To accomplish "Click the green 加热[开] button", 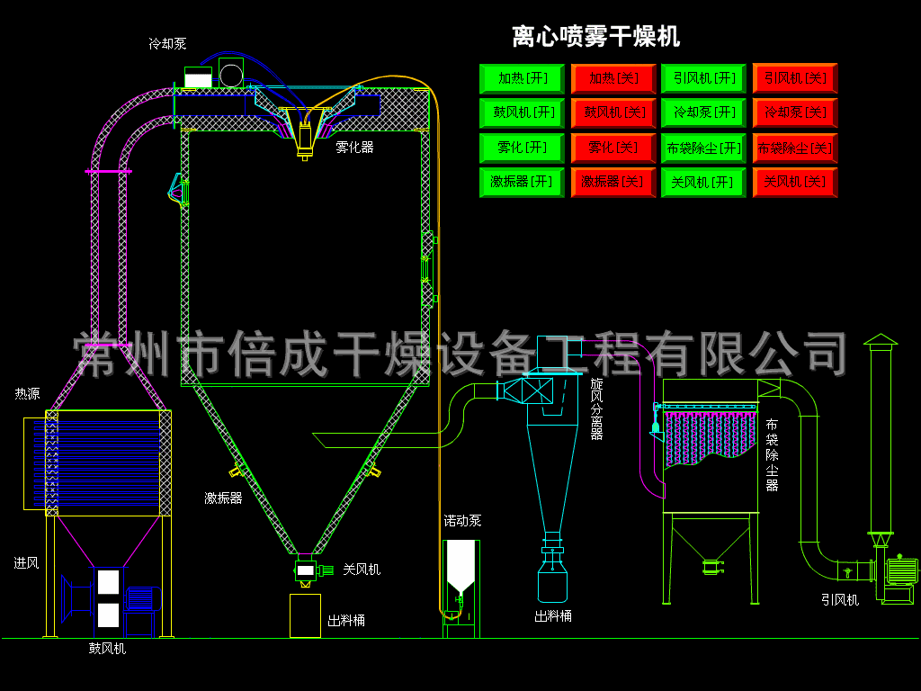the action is pos(522,79).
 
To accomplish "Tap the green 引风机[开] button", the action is pos(703,79).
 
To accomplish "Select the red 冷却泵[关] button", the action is pos(795,112).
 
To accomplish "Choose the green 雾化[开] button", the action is pos(522,148).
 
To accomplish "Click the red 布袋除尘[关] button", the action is pos(795,148).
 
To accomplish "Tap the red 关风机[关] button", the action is pos(795,182).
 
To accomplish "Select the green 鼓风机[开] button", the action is pos(522,112).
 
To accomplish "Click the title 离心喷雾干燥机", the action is pos(595,36).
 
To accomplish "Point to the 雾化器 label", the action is pos(354,148).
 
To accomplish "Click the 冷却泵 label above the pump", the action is pos(167,43).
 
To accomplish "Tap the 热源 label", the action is pos(27,394).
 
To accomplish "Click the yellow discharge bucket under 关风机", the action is pos(306,615).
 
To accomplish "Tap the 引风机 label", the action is pos(840,600).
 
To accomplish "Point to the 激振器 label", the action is pos(223,498).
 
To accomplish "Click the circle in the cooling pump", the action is pos(231,76).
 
